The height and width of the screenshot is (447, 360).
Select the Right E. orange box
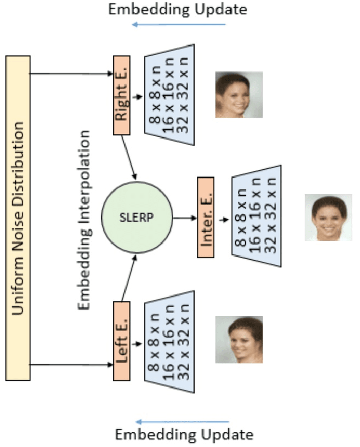[121, 95]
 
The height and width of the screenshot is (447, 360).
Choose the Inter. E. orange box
[206, 217]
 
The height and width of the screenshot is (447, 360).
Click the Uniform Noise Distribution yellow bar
[17, 218]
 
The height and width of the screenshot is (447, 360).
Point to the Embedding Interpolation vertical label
[84, 220]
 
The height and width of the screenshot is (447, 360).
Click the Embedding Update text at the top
[177, 9]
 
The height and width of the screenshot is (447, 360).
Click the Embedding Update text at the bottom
[184, 435]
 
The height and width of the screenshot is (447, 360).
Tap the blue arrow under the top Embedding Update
[178, 24]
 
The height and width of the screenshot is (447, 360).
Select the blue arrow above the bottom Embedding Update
[182, 421]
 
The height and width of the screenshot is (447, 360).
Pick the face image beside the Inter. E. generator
[328, 218]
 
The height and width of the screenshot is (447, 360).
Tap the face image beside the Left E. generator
[238, 339]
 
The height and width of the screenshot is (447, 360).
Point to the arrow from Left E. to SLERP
[129, 277]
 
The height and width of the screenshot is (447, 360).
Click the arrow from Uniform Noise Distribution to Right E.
[70, 74]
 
